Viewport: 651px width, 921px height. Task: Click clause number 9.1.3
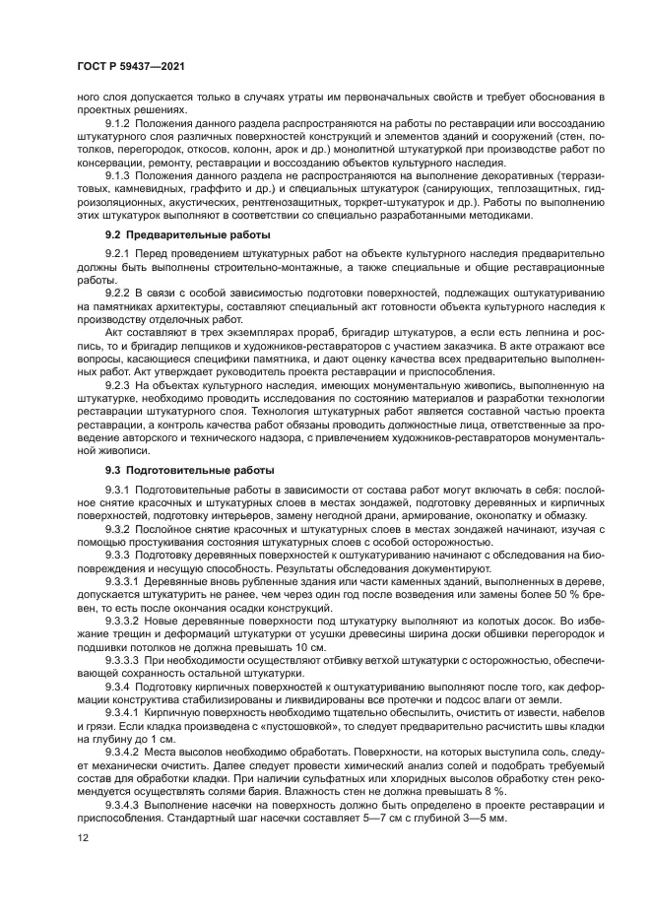[x=120, y=175]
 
